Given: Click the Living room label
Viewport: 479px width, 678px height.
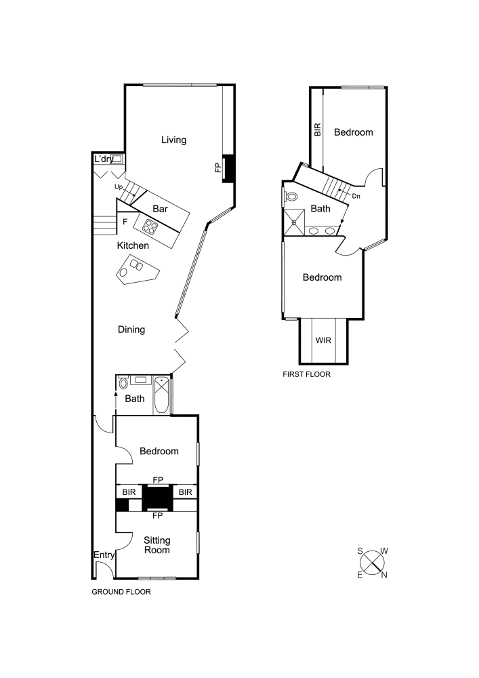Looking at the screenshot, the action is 173,140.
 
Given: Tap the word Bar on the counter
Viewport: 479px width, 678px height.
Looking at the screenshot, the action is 160,209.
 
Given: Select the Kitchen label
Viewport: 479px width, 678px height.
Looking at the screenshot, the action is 133,245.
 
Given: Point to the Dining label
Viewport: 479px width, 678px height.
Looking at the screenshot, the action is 131,330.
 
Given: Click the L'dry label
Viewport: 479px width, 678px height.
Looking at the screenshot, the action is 104,159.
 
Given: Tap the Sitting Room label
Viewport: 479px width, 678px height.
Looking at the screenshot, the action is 157,545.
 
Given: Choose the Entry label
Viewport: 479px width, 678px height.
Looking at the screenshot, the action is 104,555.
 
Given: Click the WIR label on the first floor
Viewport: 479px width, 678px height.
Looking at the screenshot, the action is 323,340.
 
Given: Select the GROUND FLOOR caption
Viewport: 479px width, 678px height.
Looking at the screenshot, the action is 121,592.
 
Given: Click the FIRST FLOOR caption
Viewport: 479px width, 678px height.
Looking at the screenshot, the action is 306,374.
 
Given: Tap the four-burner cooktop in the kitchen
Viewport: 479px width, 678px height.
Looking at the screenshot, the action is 150,226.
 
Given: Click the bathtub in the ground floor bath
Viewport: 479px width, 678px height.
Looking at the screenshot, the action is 161,395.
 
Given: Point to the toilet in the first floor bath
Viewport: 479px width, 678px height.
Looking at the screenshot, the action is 291,197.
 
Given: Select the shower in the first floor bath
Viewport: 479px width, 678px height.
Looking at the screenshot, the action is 294,222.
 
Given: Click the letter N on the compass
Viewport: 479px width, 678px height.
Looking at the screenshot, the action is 384,575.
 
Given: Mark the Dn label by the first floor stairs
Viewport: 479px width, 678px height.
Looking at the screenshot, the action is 356,197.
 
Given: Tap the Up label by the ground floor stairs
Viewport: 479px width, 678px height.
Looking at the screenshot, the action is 119,187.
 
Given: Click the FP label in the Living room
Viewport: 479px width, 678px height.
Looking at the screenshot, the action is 218,167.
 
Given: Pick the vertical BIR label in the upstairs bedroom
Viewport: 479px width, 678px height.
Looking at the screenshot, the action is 318,129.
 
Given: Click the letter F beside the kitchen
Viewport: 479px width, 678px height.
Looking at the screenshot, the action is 125,222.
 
